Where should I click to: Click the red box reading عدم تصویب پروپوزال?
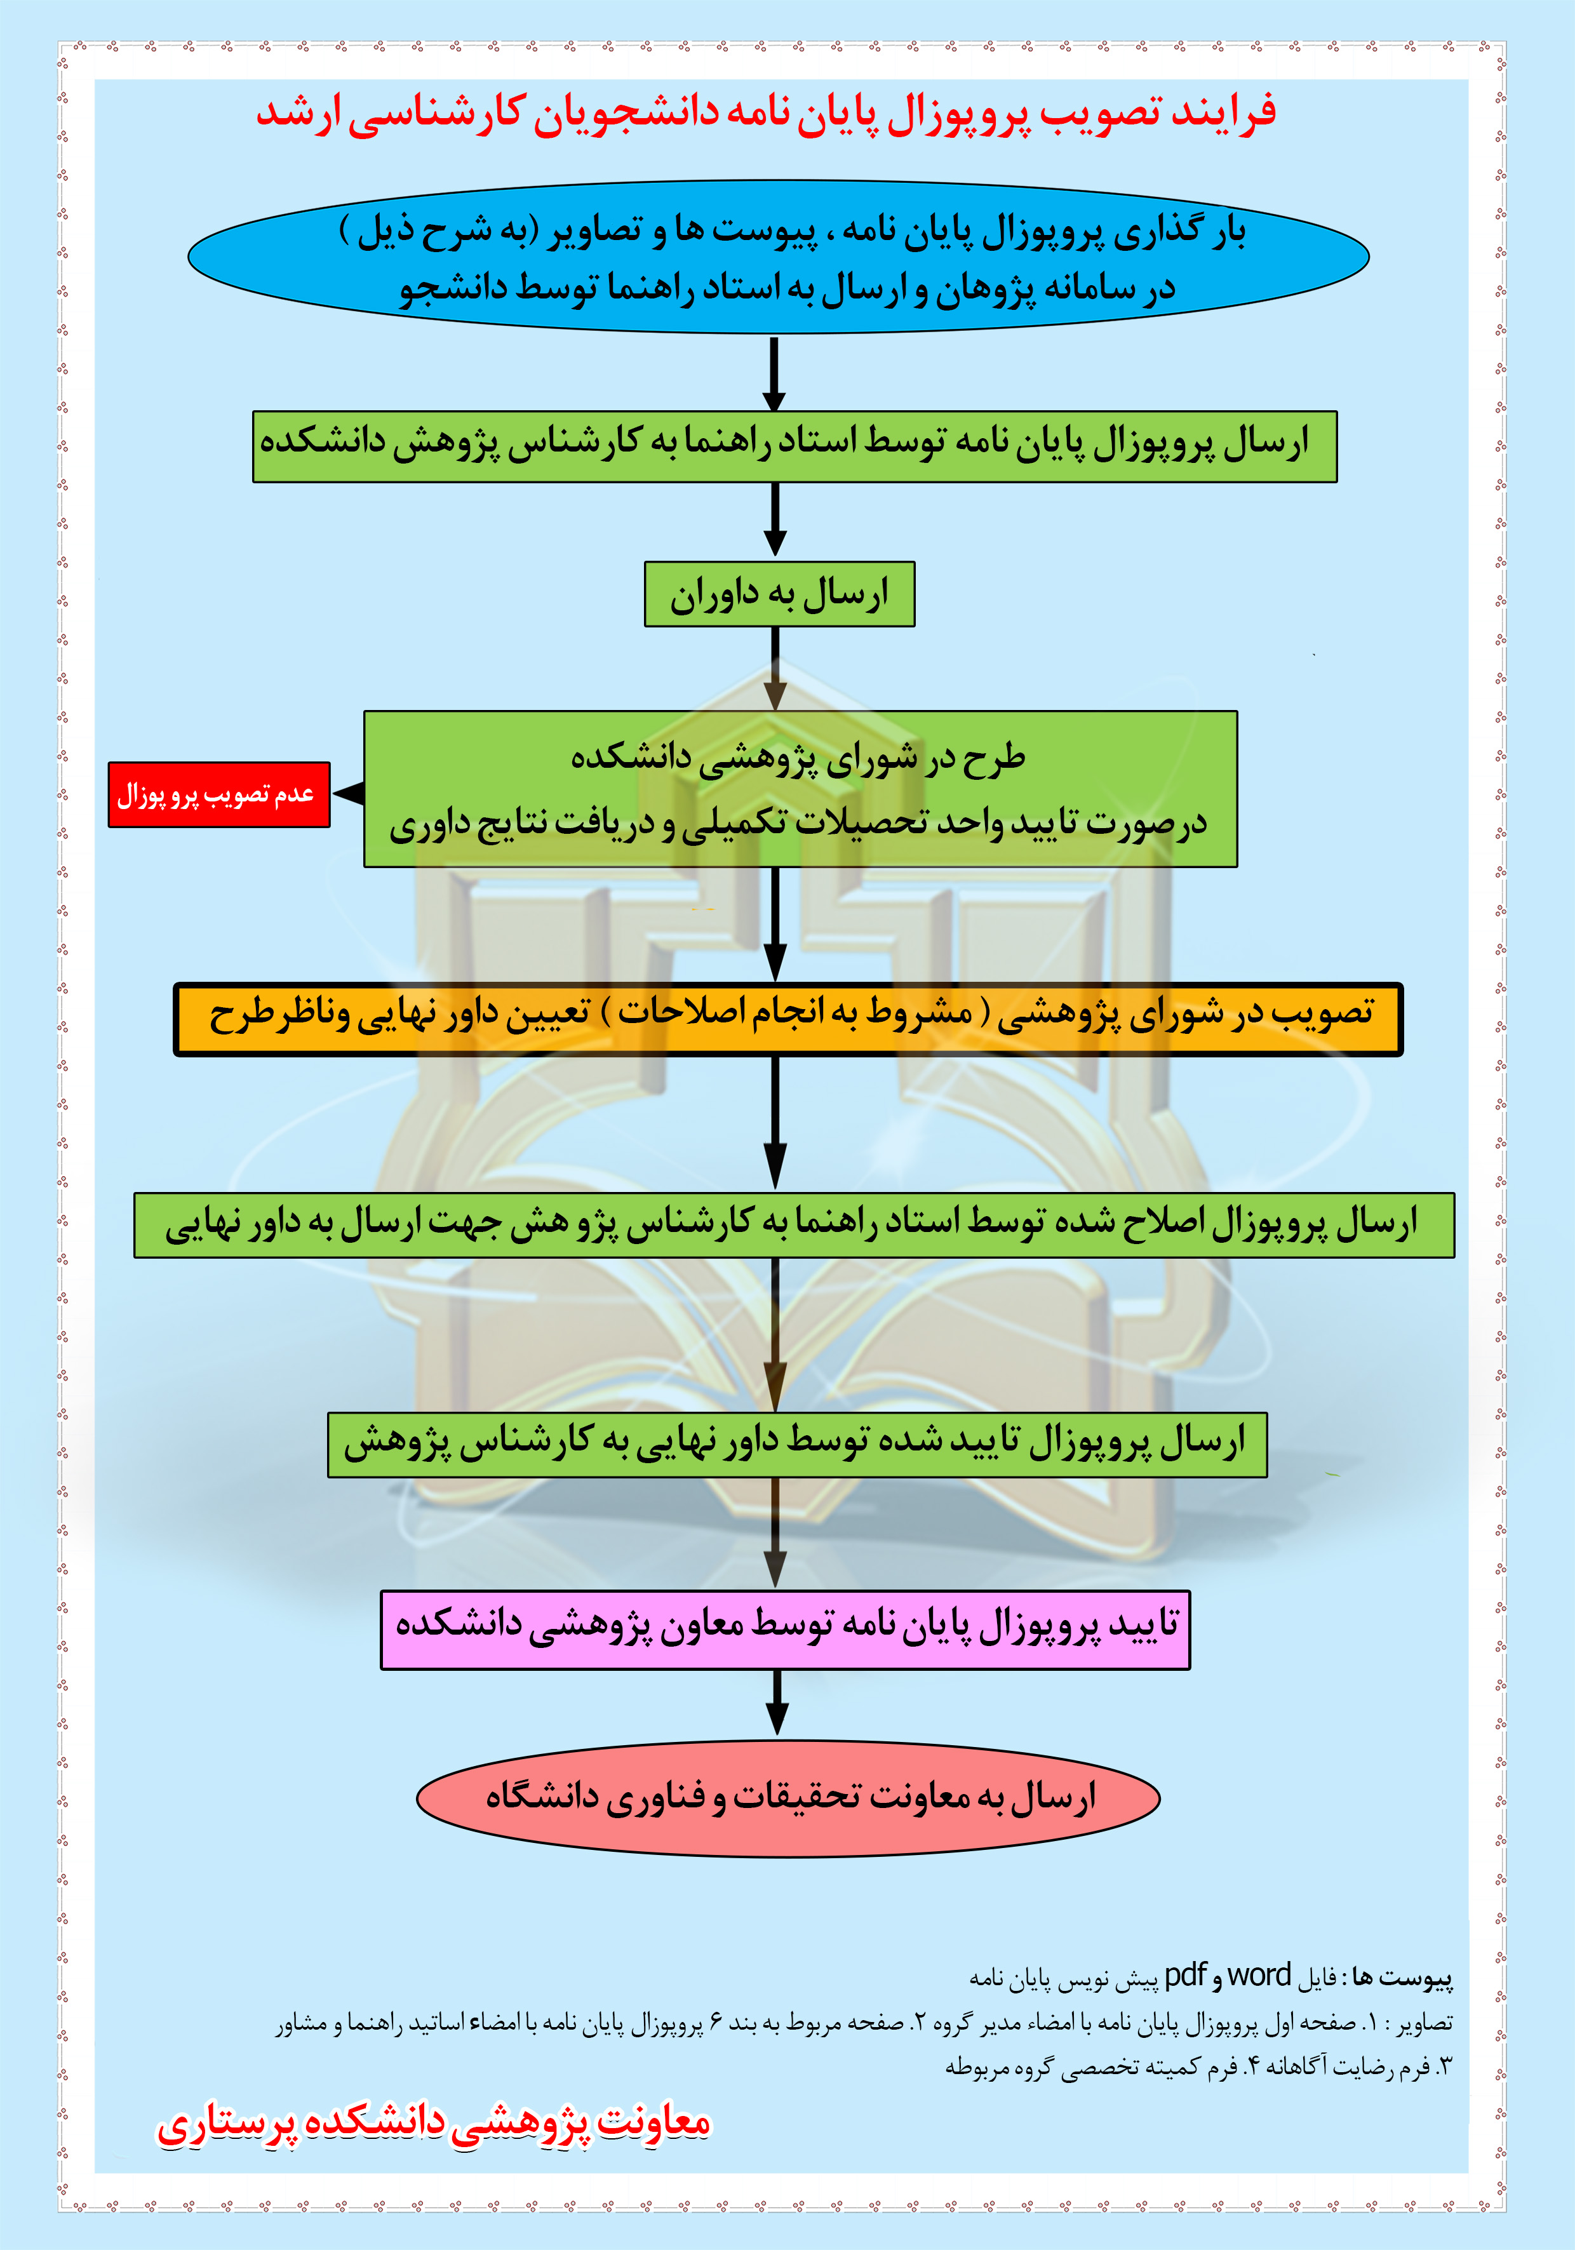pyautogui.click(x=218, y=794)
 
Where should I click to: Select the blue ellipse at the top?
pyautogui.click(x=778, y=257)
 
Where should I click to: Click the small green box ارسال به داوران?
pyautogui.click(x=779, y=594)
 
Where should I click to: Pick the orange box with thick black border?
pyautogui.click(x=788, y=1019)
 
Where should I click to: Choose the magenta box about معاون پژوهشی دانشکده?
pyautogui.click(x=785, y=1630)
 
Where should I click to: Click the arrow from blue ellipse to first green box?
pyautogui.click(x=774, y=373)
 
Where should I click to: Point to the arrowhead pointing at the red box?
pyautogui.click(x=349, y=794)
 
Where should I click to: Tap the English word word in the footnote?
pyautogui.click(x=1259, y=1976)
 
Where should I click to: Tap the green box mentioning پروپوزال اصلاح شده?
pyautogui.click(x=794, y=1225)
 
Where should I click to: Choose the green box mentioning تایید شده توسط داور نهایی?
pyautogui.click(x=797, y=1445)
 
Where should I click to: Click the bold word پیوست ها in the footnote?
pyautogui.click(x=1402, y=1979)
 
